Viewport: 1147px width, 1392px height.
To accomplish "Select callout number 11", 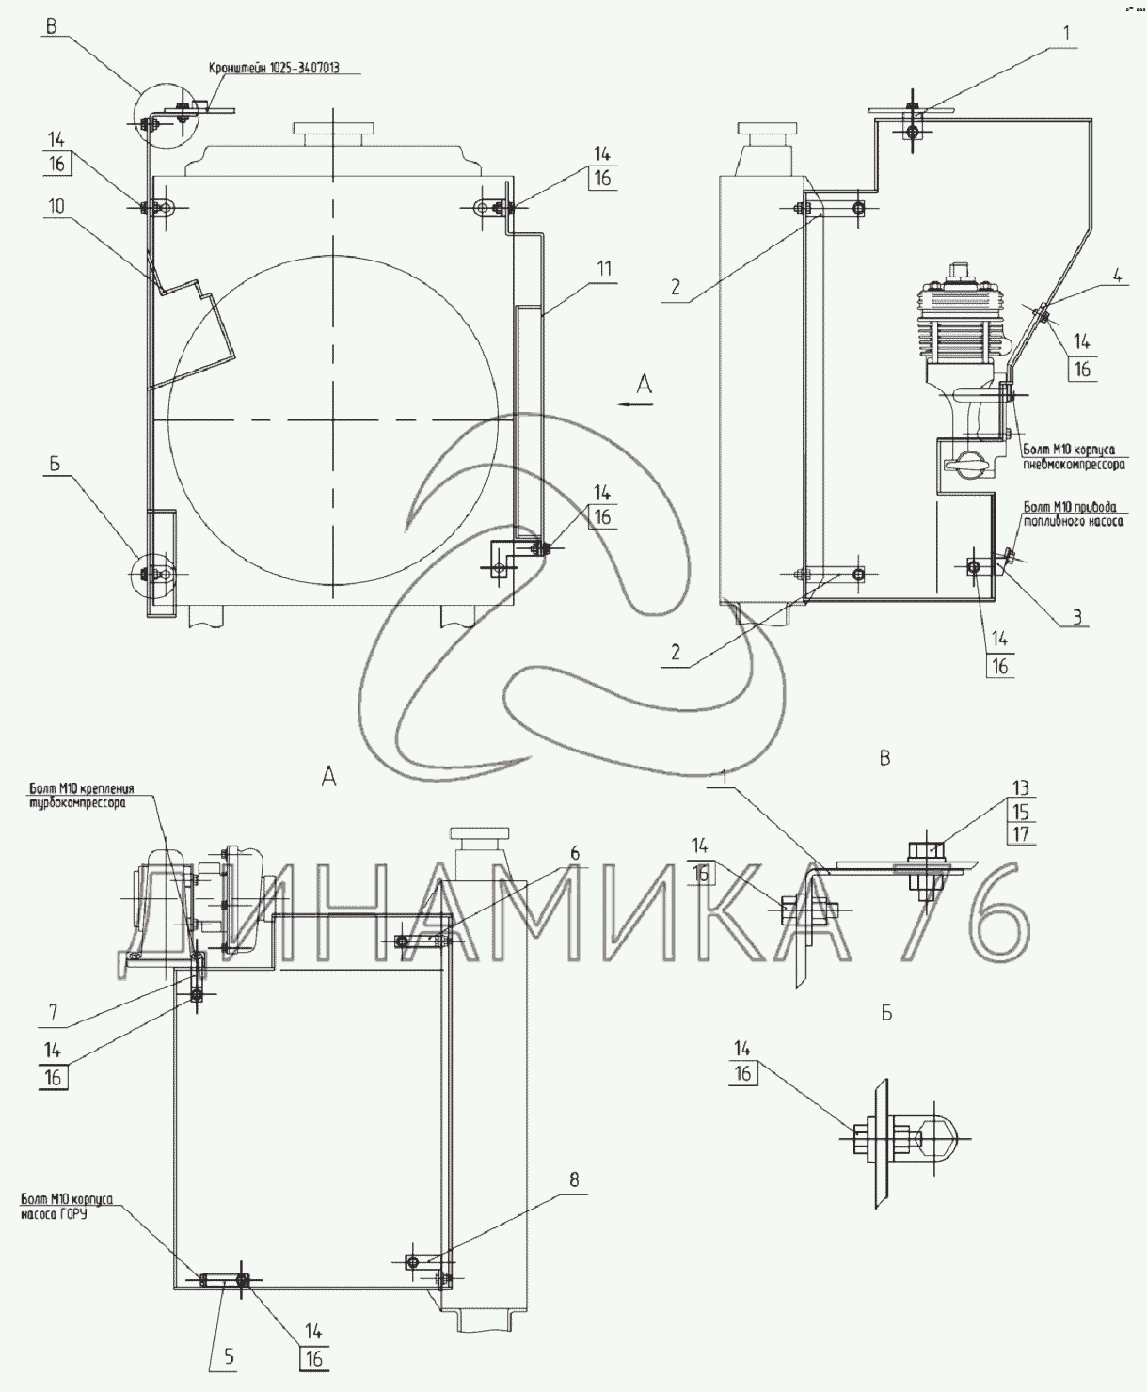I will tap(602, 269).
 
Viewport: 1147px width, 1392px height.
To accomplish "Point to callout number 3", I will tap(1078, 617).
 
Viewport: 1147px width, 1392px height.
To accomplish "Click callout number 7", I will tap(53, 1012).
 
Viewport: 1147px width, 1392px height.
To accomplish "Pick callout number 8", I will tap(574, 1179).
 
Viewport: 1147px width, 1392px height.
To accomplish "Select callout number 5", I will tap(229, 1357).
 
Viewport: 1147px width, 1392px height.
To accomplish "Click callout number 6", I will tap(574, 854).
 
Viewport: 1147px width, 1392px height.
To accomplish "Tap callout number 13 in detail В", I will tap(1022, 787).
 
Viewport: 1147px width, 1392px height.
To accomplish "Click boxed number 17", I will tap(1022, 834).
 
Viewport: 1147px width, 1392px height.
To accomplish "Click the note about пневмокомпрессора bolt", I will tap(1074, 457).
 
